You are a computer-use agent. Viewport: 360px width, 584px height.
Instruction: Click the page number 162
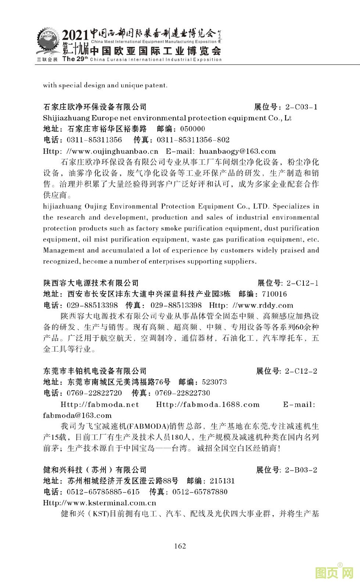[180, 546]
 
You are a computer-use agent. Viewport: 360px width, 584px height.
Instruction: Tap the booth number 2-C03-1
[301, 107]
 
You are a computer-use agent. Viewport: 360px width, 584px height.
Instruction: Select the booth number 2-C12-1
[302, 283]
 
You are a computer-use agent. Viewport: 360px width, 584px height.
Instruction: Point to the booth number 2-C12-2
[301, 371]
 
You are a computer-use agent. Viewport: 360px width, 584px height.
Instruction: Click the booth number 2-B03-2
[301, 470]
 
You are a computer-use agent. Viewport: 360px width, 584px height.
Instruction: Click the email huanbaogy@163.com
[237, 151]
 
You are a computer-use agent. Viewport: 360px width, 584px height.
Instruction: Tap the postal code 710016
[274, 294]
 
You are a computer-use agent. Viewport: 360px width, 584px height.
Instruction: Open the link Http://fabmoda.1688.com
[208, 405]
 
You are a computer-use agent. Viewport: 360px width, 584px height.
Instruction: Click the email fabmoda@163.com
[77, 416]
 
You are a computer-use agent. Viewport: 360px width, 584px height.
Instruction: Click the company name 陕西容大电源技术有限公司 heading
[91, 283]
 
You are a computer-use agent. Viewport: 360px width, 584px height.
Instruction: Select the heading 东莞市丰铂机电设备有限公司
[95, 371]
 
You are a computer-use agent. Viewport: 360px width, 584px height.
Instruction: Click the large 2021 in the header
[75, 35]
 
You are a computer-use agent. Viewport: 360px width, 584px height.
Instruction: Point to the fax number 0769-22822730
[183, 393]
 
